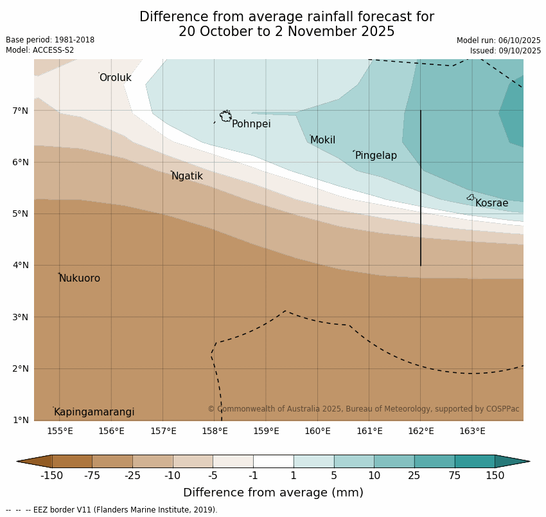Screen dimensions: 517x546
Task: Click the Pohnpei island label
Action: coord(251,124)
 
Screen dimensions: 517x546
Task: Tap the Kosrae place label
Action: coord(491,203)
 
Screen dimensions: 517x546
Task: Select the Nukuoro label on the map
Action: coord(80,278)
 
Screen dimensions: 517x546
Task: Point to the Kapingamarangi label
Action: coord(94,412)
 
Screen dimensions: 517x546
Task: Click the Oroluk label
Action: coord(115,78)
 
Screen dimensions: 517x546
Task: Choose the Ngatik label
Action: coord(187,176)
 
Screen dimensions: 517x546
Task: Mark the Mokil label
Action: coord(322,140)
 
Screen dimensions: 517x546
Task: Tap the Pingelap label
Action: coord(376,156)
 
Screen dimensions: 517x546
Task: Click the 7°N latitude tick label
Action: coord(21,111)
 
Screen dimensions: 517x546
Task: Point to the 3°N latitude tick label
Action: coord(21,317)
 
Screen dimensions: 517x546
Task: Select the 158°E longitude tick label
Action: coord(215,431)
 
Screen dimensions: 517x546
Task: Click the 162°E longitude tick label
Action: coord(421,431)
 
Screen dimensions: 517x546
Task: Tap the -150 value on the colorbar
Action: coord(52,476)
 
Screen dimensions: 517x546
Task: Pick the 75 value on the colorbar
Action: coord(455,476)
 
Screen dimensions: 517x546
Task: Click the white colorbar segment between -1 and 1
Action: coord(273,461)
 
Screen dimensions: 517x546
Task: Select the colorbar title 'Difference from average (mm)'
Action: coord(273,493)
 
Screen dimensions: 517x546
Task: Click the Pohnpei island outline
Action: coord(225,116)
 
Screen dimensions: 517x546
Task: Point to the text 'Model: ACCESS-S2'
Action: coord(40,50)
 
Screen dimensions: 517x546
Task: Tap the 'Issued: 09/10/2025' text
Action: coord(505,51)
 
